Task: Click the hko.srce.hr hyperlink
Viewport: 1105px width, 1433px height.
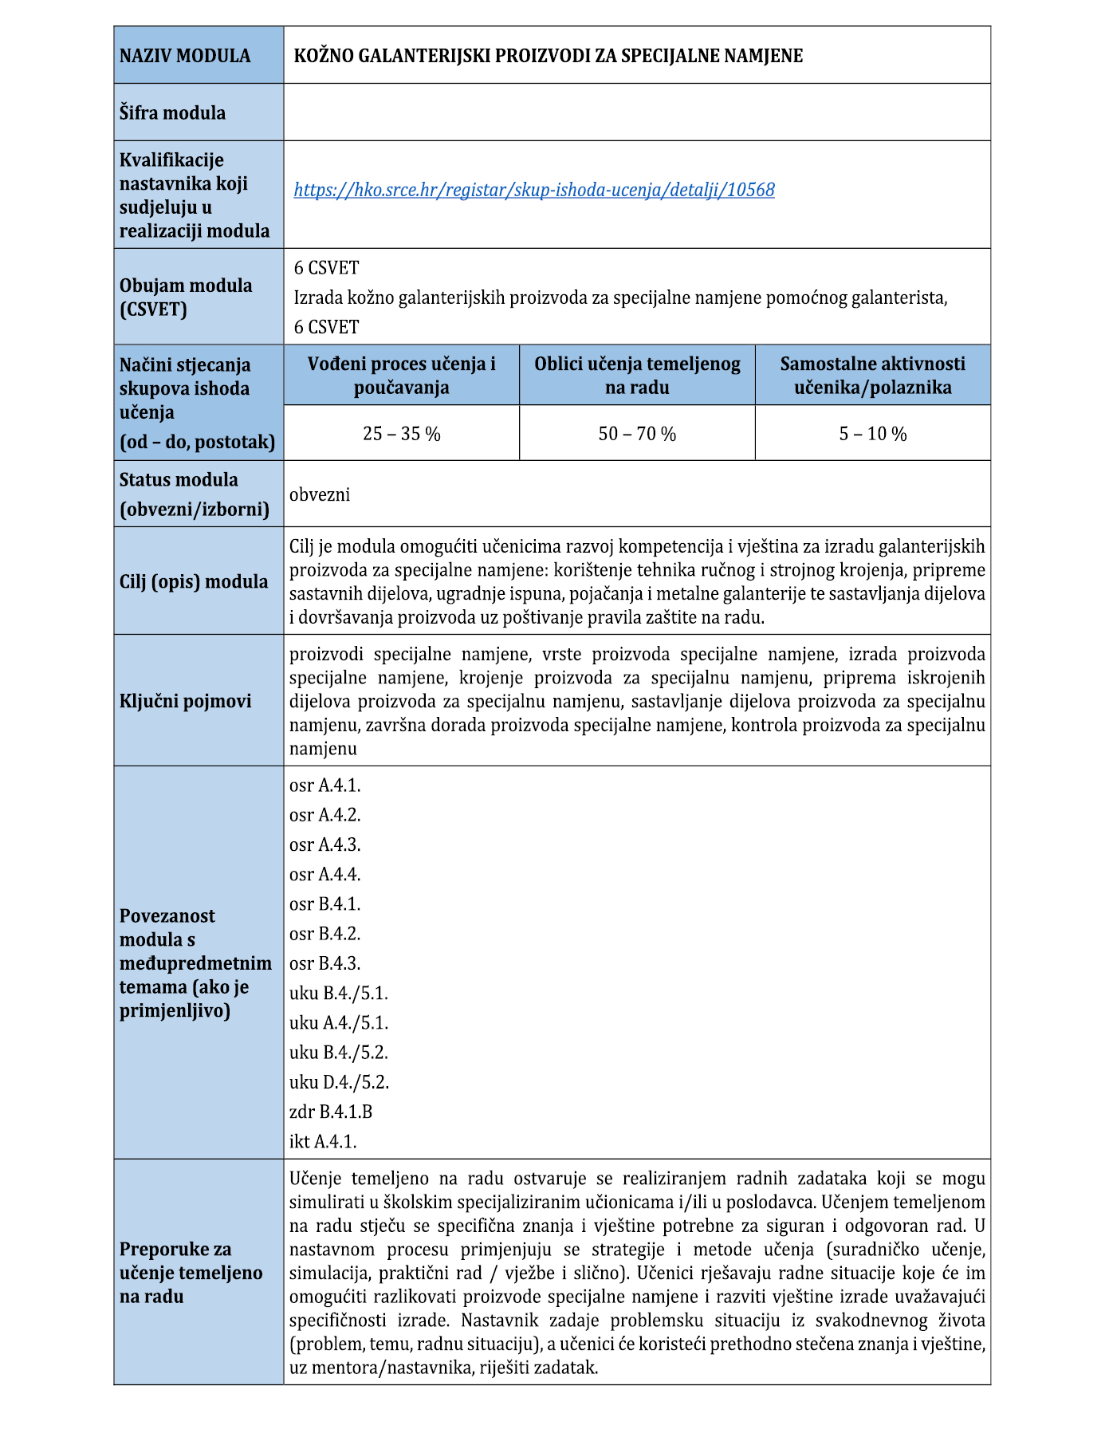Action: (534, 190)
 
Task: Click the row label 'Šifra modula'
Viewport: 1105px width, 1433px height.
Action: (172, 112)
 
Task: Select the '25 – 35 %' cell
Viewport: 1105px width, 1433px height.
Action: (401, 434)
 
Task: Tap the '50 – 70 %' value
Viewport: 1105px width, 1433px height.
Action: (637, 434)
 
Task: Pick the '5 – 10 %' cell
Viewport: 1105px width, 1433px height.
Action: (872, 434)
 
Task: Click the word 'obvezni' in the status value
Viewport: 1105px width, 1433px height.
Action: (320, 494)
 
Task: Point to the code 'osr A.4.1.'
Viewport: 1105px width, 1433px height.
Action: (325, 785)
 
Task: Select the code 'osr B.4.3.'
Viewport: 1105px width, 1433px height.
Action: (325, 963)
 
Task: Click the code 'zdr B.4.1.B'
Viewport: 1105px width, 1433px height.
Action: (331, 1112)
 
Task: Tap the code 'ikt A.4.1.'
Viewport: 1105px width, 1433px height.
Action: (323, 1141)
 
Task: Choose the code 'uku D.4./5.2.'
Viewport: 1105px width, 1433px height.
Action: (339, 1082)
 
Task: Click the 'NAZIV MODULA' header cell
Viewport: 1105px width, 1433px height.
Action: (185, 56)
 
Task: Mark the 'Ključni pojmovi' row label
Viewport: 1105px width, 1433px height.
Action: (185, 701)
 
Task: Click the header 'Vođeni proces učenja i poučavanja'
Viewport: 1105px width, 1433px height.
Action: (401, 376)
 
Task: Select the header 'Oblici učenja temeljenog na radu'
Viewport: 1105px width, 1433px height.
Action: (637, 376)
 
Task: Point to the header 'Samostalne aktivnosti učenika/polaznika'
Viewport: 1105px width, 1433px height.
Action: (872, 376)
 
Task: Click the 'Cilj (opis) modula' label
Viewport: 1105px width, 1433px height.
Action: (194, 581)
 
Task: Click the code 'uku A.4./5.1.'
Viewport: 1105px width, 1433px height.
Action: (339, 1022)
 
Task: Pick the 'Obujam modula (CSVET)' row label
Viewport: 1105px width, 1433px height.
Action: (186, 297)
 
